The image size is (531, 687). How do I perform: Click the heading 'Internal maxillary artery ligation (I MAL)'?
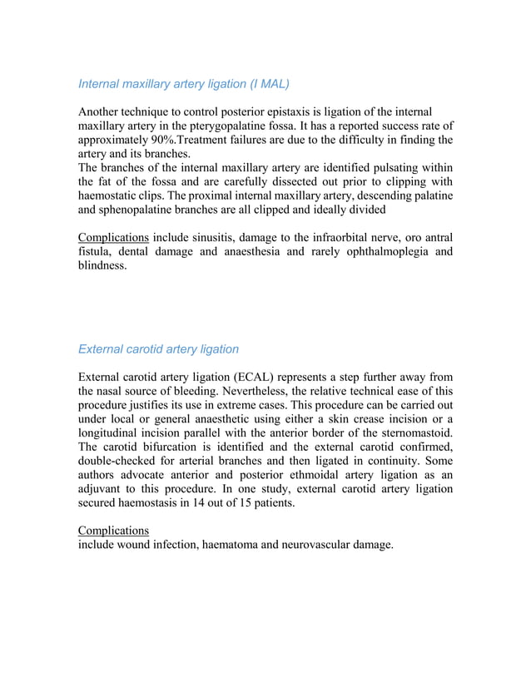[x=183, y=84]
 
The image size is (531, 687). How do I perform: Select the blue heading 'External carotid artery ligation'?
[x=158, y=348]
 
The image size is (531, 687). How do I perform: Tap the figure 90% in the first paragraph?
[x=156, y=139]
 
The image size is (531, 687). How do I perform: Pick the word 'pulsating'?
[x=383, y=168]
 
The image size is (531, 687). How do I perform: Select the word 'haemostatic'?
[x=112, y=195]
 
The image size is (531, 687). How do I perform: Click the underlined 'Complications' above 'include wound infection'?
[x=113, y=530]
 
